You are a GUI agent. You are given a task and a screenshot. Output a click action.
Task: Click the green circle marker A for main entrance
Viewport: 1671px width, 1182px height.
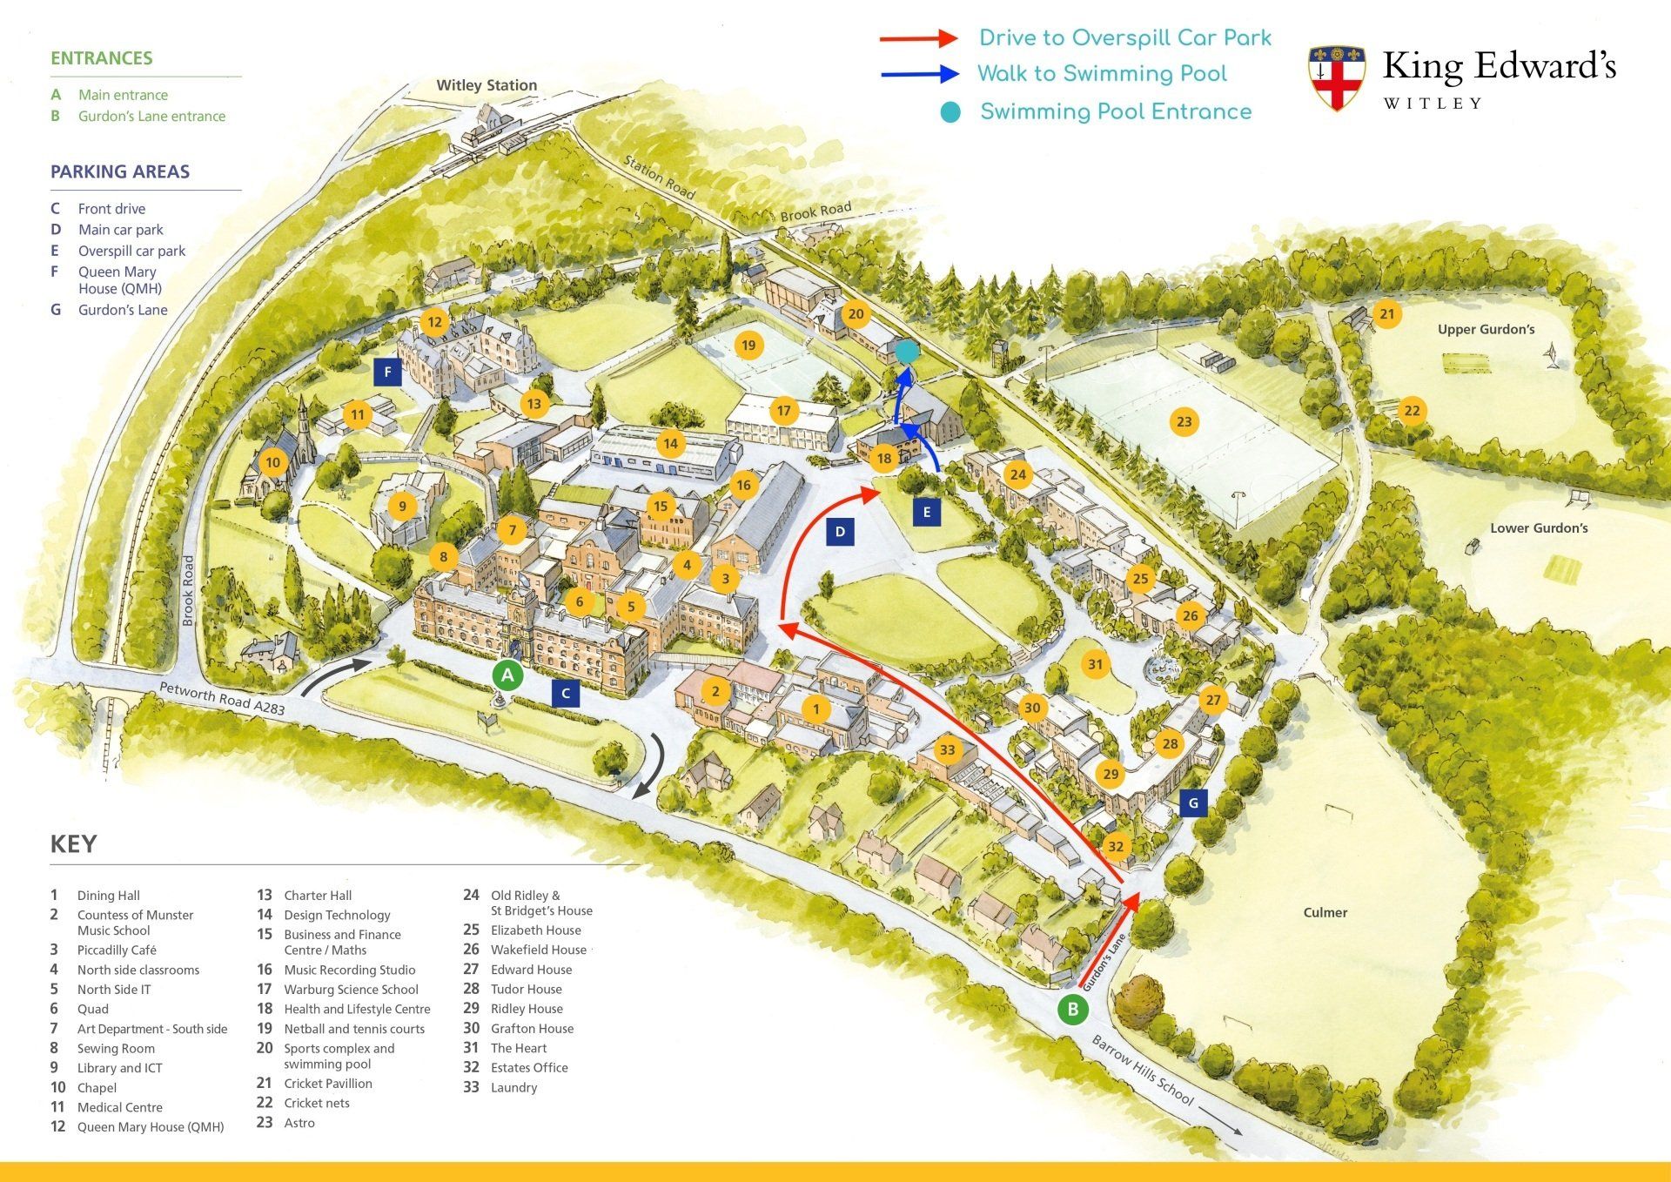pyautogui.click(x=507, y=675)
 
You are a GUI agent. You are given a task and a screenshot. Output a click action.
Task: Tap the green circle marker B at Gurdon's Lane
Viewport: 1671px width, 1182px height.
pyautogui.click(x=1072, y=1009)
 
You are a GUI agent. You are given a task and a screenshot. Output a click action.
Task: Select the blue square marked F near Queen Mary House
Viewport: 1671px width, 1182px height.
pyautogui.click(x=387, y=373)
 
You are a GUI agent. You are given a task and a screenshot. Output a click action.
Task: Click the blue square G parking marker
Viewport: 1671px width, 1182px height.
pyautogui.click(x=1193, y=803)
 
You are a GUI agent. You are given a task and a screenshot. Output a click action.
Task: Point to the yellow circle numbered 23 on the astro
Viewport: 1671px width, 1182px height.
pyautogui.click(x=1184, y=422)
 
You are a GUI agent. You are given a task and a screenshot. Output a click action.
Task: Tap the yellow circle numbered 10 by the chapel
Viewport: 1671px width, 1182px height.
pyautogui.click(x=273, y=462)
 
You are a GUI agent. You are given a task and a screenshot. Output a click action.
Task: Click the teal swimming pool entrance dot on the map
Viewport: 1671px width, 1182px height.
pyautogui.click(x=907, y=352)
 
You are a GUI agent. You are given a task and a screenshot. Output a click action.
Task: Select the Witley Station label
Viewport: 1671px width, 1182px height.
pyautogui.click(x=487, y=85)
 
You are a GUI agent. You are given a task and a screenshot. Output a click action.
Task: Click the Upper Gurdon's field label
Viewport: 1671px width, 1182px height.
pyautogui.click(x=1486, y=329)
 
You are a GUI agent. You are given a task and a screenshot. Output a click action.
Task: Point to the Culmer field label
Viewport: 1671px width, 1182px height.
pyautogui.click(x=1325, y=912)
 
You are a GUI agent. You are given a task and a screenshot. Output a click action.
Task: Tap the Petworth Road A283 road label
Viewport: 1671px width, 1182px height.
pyautogui.click(x=222, y=699)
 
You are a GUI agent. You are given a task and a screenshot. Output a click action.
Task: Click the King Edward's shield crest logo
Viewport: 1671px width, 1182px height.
pyautogui.click(x=1336, y=77)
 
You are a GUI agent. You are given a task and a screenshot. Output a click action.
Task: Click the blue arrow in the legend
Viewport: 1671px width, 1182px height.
pyautogui.click(x=919, y=75)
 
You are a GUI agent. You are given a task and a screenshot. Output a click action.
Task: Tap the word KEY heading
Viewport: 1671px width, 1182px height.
pyautogui.click(x=73, y=844)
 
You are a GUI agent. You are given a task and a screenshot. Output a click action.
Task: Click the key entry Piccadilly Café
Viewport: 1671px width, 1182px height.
pyautogui.click(x=117, y=950)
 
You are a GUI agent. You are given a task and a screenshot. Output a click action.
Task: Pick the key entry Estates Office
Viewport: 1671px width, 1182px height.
pyautogui.click(x=529, y=1067)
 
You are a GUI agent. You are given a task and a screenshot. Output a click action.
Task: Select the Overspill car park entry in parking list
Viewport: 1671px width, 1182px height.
pyautogui.click(x=131, y=251)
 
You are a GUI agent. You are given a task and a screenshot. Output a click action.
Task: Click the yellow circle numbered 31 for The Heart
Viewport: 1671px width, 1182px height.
pyautogui.click(x=1095, y=665)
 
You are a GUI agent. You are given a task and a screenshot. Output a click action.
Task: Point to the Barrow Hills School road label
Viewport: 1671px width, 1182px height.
pyautogui.click(x=1143, y=1071)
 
